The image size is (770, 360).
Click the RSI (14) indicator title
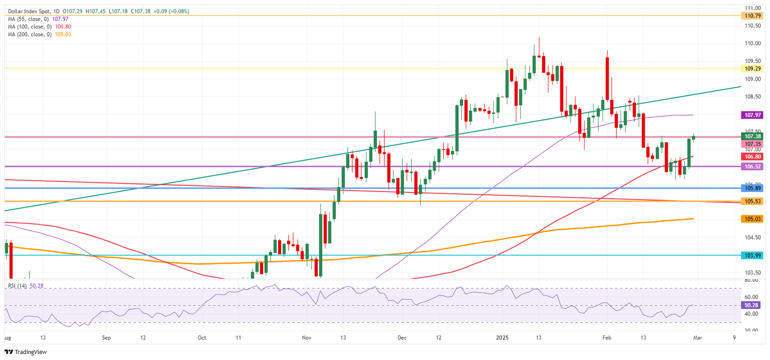pyautogui.click(x=18, y=286)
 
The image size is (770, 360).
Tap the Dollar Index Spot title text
pyautogui.click(x=28, y=11)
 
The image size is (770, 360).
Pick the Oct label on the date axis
pyautogui.click(x=202, y=338)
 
